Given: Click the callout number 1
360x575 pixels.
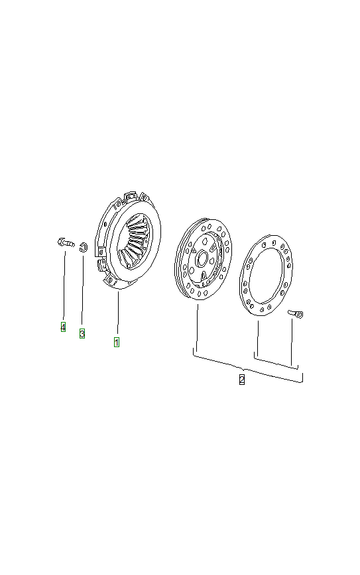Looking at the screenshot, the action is [x=116, y=342].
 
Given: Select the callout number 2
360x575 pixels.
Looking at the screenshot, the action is [x=242, y=380].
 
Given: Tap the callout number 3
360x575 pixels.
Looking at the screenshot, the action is [x=82, y=333].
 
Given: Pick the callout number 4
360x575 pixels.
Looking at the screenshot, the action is [x=63, y=327].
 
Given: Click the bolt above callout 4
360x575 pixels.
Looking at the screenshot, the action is [x=66, y=242].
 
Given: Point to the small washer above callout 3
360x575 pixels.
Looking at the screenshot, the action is [x=84, y=247].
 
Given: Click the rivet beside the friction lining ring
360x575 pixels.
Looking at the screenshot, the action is [x=296, y=313].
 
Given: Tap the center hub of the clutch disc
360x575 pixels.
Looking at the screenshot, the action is [x=202, y=258].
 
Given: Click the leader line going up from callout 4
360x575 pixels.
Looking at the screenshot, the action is [x=64, y=285].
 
